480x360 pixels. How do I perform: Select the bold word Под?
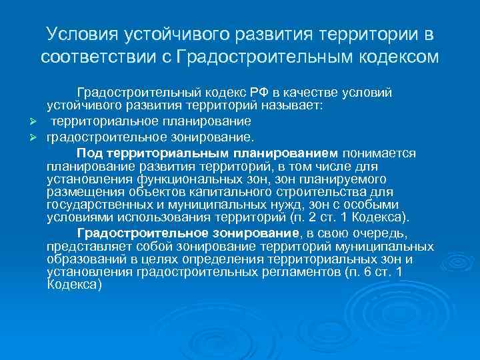89,153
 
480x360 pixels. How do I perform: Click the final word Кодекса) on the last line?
74,284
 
